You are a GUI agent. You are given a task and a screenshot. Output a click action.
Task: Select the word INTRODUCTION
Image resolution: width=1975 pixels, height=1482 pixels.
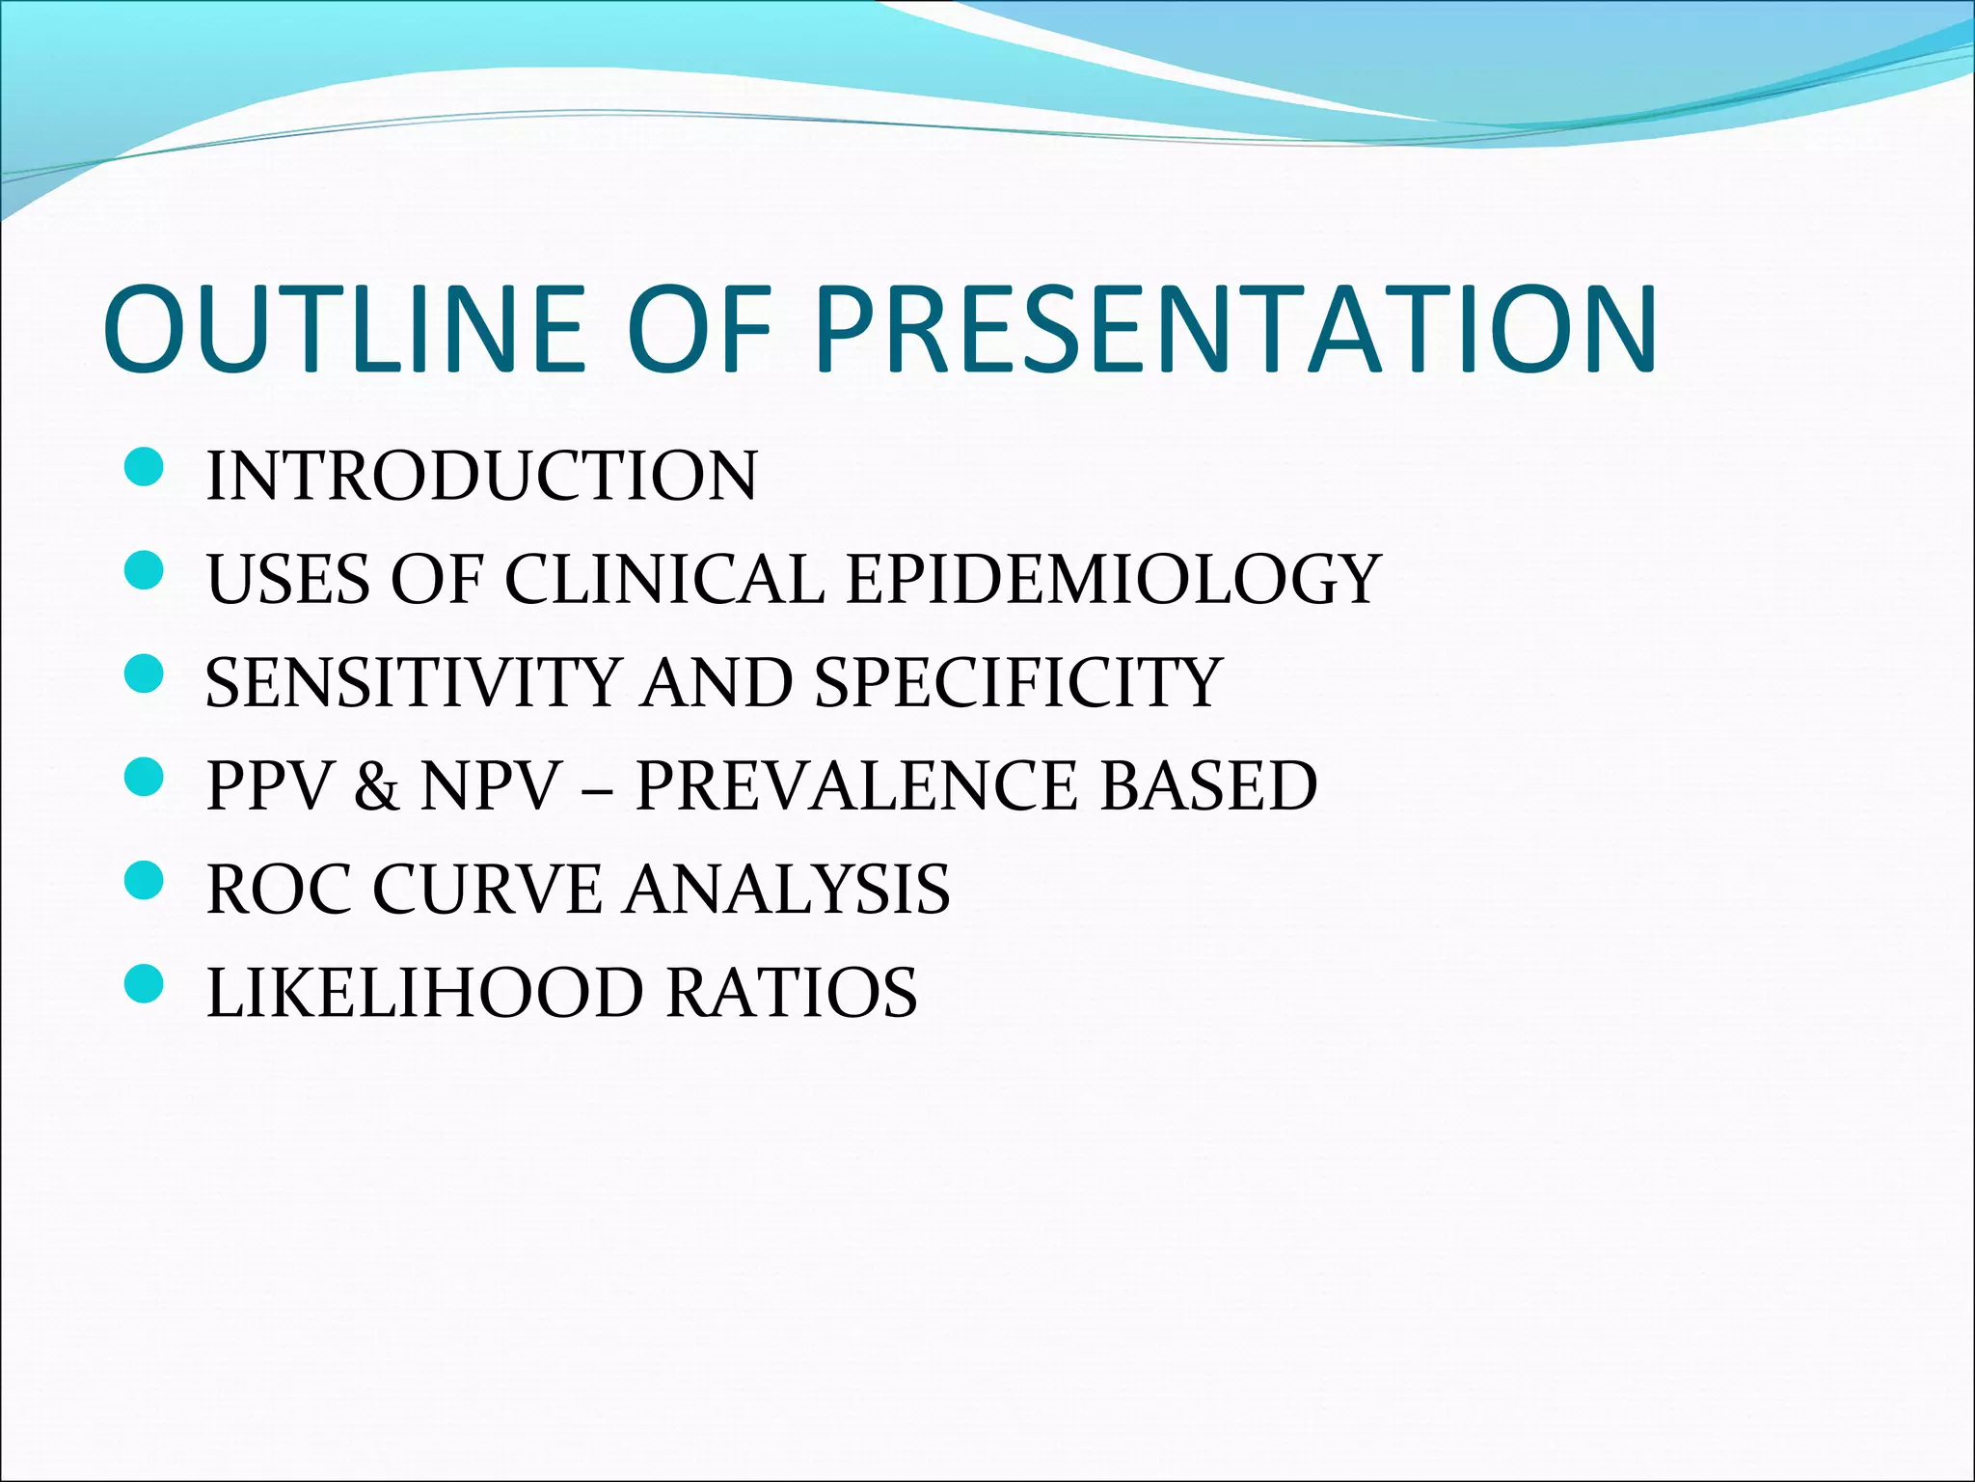(482, 476)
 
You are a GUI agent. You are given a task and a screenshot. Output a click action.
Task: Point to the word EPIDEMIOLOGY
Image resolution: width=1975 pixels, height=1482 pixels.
(1114, 579)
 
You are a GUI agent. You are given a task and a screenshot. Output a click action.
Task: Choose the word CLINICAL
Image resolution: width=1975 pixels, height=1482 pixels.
(664, 579)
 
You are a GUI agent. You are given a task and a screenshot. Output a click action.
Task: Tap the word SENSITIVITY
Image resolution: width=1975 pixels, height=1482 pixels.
(412, 682)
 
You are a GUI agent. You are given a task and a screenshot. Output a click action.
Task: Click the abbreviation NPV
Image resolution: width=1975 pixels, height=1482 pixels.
(491, 784)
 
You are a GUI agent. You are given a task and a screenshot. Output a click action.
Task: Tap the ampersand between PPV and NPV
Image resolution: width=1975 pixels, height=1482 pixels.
(376, 786)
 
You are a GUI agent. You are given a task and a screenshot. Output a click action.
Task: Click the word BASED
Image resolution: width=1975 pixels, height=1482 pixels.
(1208, 784)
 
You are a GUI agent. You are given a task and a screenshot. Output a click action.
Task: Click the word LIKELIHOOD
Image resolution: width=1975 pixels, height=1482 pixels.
(424, 993)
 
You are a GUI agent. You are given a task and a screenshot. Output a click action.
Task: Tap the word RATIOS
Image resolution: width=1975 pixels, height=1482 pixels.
(792, 993)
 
